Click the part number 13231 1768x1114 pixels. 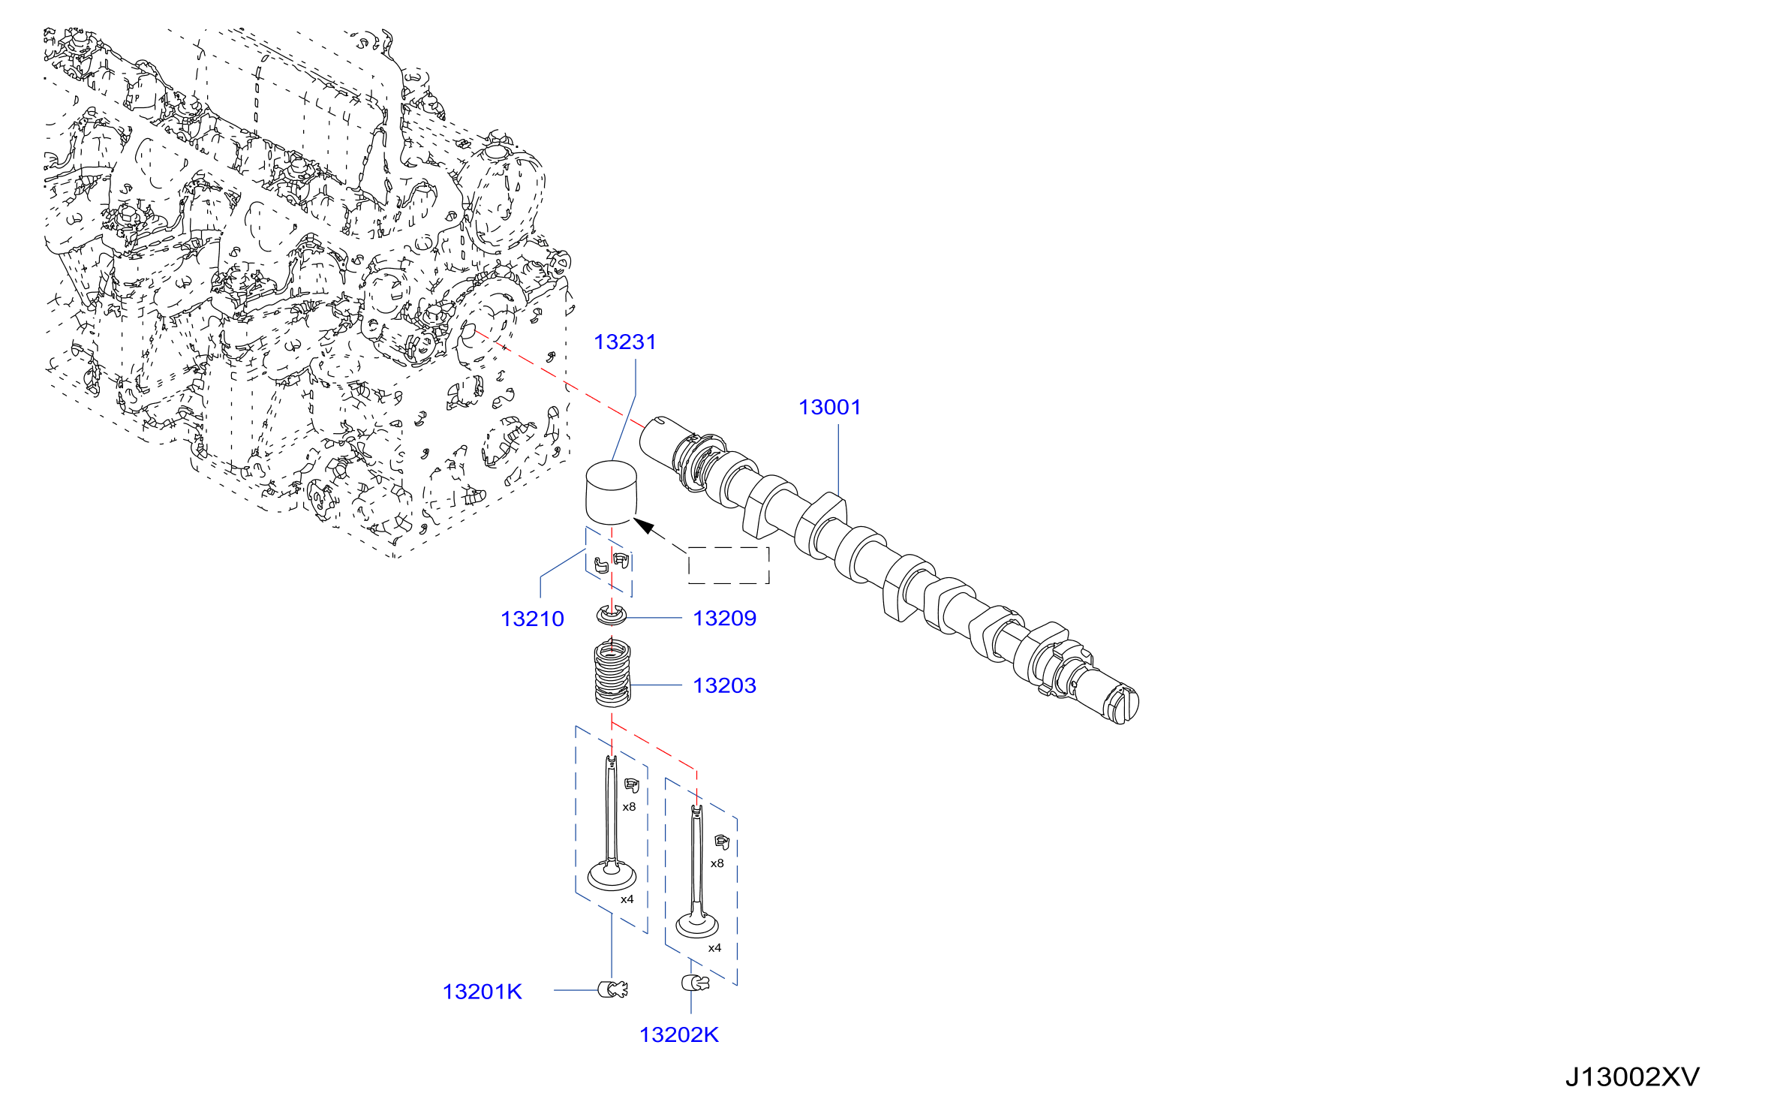click(x=624, y=342)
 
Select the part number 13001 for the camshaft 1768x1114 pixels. click(x=829, y=408)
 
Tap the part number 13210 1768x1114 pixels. click(x=532, y=619)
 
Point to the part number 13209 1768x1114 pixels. click(x=724, y=619)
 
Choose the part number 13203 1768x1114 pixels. click(x=724, y=686)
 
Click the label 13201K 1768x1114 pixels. click(x=482, y=992)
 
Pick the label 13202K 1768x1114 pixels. click(x=678, y=1035)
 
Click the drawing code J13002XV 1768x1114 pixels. click(x=1632, y=1078)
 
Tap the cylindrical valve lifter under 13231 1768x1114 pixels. click(x=611, y=493)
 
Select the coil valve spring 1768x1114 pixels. click(x=612, y=673)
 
